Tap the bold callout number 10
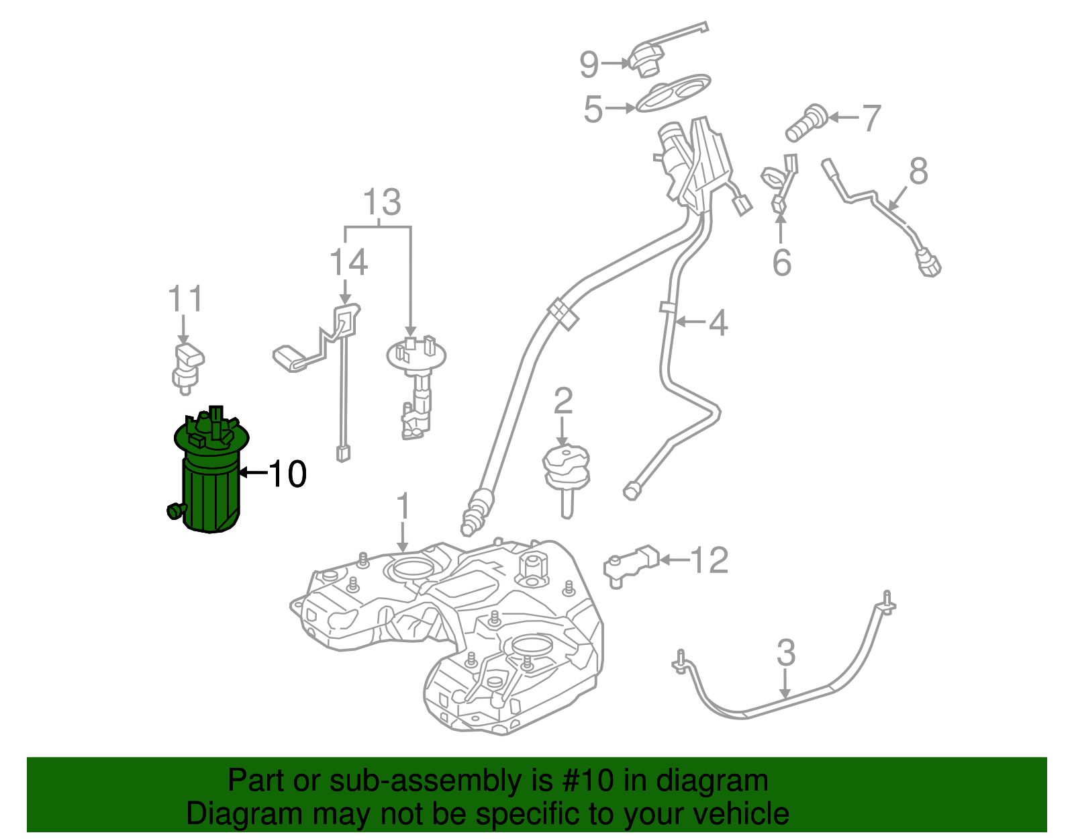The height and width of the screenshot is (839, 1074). click(x=287, y=474)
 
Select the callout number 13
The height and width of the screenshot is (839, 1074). click(x=382, y=202)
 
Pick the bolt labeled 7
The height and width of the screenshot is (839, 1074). click(x=805, y=122)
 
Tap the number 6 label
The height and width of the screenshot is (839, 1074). click(x=781, y=262)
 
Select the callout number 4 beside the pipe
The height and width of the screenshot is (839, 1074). click(x=718, y=323)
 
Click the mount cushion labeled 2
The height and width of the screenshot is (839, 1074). click(x=566, y=470)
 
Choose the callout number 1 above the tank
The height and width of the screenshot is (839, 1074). click(x=402, y=506)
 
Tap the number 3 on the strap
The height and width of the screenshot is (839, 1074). click(x=785, y=653)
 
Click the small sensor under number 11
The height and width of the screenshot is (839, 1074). click(x=187, y=366)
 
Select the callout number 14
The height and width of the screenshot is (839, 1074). click(x=348, y=263)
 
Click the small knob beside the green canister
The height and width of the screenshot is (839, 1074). click(x=175, y=511)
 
